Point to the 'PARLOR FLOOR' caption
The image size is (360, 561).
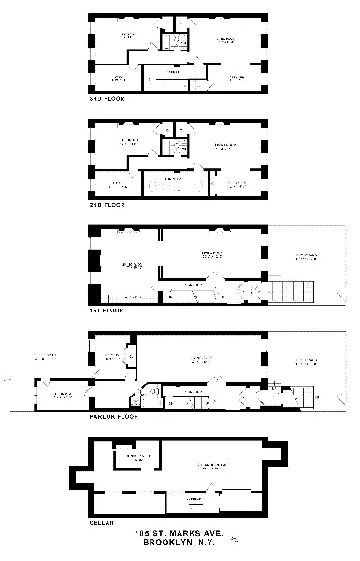[112, 416]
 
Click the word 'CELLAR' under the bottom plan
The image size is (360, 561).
[100, 523]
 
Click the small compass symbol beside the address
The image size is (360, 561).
[233, 538]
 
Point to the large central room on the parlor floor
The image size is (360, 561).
[196, 359]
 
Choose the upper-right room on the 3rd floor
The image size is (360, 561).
[224, 41]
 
